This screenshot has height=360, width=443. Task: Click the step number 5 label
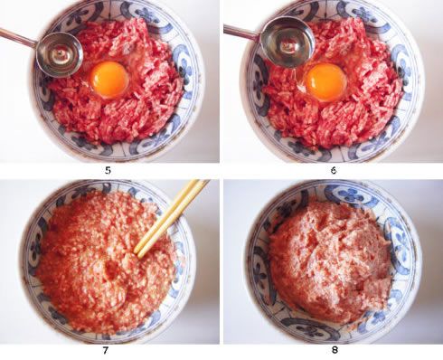[x=108, y=170]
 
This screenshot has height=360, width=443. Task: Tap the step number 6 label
[x=334, y=170]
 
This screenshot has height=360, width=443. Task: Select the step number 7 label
[x=106, y=351]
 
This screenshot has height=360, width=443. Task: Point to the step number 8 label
[x=335, y=350]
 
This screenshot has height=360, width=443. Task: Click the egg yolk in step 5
[x=110, y=80]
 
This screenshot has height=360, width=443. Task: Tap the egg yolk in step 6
[x=326, y=83]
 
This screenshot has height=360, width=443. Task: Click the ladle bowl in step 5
[x=60, y=54]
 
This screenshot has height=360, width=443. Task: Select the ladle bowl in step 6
[x=287, y=42]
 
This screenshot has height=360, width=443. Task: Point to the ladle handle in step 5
[x=19, y=38]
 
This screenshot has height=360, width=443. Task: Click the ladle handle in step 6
[x=243, y=32]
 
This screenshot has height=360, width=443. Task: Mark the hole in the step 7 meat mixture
[x=112, y=269]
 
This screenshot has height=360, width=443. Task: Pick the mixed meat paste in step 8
[x=333, y=260]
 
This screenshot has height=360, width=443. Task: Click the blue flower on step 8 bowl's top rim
[x=353, y=194]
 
